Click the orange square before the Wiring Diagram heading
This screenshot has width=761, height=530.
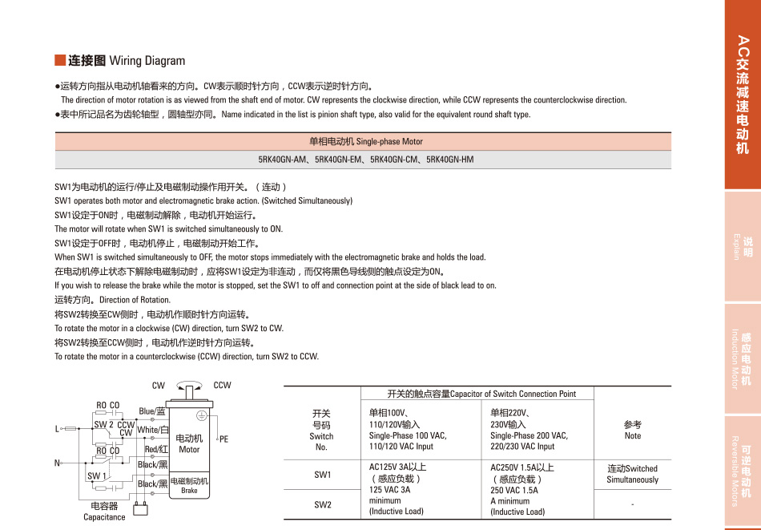(x=59, y=60)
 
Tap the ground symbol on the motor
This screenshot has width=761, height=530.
(x=202, y=415)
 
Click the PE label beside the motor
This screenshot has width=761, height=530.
(x=223, y=439)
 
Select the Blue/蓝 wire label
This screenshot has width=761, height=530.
(x=152, y=411)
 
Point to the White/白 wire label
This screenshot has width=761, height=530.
(x=152, y=430)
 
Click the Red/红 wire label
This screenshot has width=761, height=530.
(x=155, y=450)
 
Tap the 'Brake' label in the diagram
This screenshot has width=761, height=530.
(x=189, y=490)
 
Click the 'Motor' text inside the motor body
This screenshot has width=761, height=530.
(x=189, y=450)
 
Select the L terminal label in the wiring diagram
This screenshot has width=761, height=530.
(x=58, y=429)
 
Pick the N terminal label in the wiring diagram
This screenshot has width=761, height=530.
(x=58, y=463)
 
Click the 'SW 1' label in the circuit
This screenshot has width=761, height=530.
(x=97, y=476)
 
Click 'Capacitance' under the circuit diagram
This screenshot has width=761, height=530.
(x=104, y=517)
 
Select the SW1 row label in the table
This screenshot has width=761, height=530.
(x=322, y=475)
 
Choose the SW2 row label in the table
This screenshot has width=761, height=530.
(x=322, y=505)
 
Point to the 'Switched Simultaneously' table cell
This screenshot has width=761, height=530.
(x=632, y=474)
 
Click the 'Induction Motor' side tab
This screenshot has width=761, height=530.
(x=743, y=358)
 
